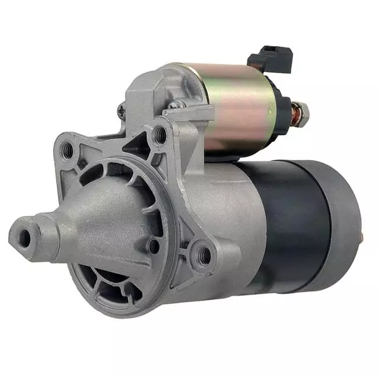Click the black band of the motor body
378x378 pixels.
coord(295,224)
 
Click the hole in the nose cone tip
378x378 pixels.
coord(24,238)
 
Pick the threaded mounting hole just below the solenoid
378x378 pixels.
coord(160,136)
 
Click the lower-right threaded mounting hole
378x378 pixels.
coord(204,254)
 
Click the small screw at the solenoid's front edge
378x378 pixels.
coord(173,105)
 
